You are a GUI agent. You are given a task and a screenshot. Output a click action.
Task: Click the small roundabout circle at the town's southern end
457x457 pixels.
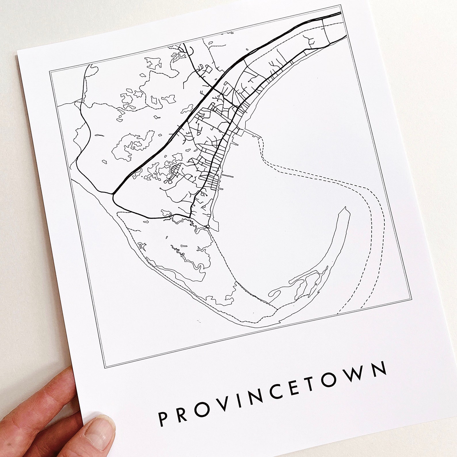pos(208,227)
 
